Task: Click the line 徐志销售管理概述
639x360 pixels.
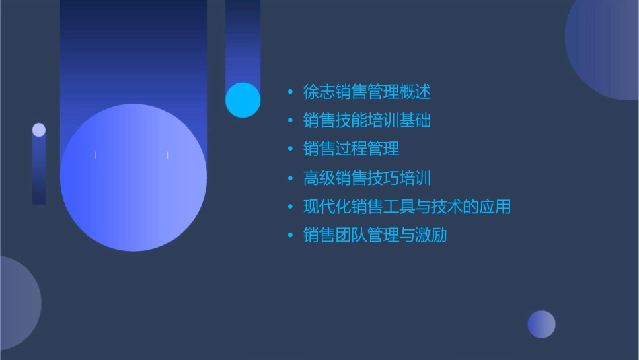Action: pos(367,92)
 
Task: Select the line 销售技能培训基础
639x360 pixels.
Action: pos(367,120)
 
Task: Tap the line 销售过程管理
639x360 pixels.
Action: pos(351,149)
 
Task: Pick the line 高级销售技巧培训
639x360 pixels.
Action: pos(367,178)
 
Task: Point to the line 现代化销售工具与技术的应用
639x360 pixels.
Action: pos(407,207)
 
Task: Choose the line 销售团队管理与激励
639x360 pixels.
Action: pos(375,236)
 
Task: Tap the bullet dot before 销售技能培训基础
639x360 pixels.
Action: pos(290,121)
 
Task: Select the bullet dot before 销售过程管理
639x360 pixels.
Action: pos(290,149)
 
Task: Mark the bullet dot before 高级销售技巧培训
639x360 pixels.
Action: pos(290,178)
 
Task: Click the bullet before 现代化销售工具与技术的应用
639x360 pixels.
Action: pos(290,207)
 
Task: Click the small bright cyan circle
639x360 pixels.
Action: pos(243,100)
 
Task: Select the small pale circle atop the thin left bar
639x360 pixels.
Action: pos(39,130)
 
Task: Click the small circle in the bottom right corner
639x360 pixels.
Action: pos(541,324)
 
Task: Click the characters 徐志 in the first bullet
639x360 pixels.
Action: pos(319,92)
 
